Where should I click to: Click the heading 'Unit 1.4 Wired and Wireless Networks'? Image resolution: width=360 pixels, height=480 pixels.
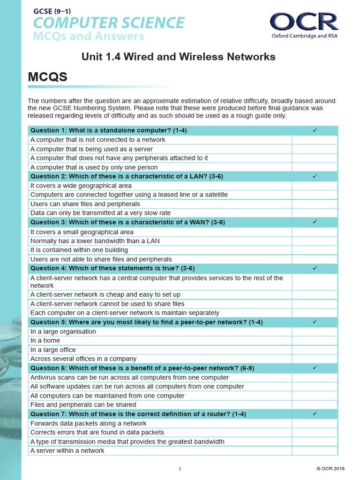pos(178,57)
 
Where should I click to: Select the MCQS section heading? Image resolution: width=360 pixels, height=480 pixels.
pos(48,77)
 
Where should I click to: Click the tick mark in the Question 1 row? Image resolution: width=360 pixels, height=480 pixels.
pos(315,130)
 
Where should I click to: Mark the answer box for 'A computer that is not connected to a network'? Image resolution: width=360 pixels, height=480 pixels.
pos(315,140)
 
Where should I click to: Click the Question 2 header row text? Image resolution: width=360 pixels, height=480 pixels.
pos(127,176)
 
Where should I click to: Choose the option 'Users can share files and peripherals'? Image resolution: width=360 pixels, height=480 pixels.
pos(85,204)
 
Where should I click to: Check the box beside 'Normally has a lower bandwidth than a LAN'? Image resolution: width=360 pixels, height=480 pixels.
pos(315,241)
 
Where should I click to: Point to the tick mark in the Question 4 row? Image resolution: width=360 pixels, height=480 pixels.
pos(315,268)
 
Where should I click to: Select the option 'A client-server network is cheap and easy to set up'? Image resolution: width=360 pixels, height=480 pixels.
pos(105,294)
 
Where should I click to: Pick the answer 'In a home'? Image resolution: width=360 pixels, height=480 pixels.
pos(45,340)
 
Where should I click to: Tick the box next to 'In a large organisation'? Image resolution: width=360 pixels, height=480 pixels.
pos(315,331)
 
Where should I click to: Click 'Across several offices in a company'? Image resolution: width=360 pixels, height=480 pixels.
pos(83,359)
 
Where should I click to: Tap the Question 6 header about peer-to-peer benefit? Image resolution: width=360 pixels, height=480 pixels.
pos(142,368)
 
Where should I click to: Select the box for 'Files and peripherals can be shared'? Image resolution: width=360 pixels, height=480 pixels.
pos(315,405)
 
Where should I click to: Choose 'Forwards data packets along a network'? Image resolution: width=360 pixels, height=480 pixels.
pos(88,423)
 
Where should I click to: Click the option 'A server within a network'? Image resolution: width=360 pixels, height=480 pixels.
pos(67,450)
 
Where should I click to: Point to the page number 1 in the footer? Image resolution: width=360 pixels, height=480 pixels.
pos(180,469)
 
